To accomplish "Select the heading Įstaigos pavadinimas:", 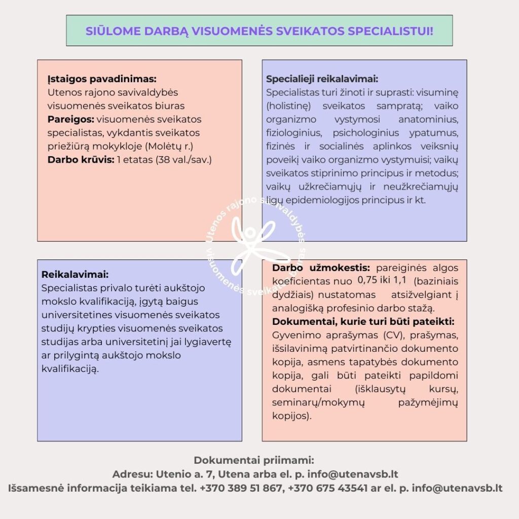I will (102, 80).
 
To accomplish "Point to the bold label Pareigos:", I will (70, 120).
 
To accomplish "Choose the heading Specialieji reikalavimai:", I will (322, 80).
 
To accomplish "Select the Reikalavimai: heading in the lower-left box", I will (75, 274).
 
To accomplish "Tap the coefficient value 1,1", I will (400, 280).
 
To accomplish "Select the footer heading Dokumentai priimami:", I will (254, 461).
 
